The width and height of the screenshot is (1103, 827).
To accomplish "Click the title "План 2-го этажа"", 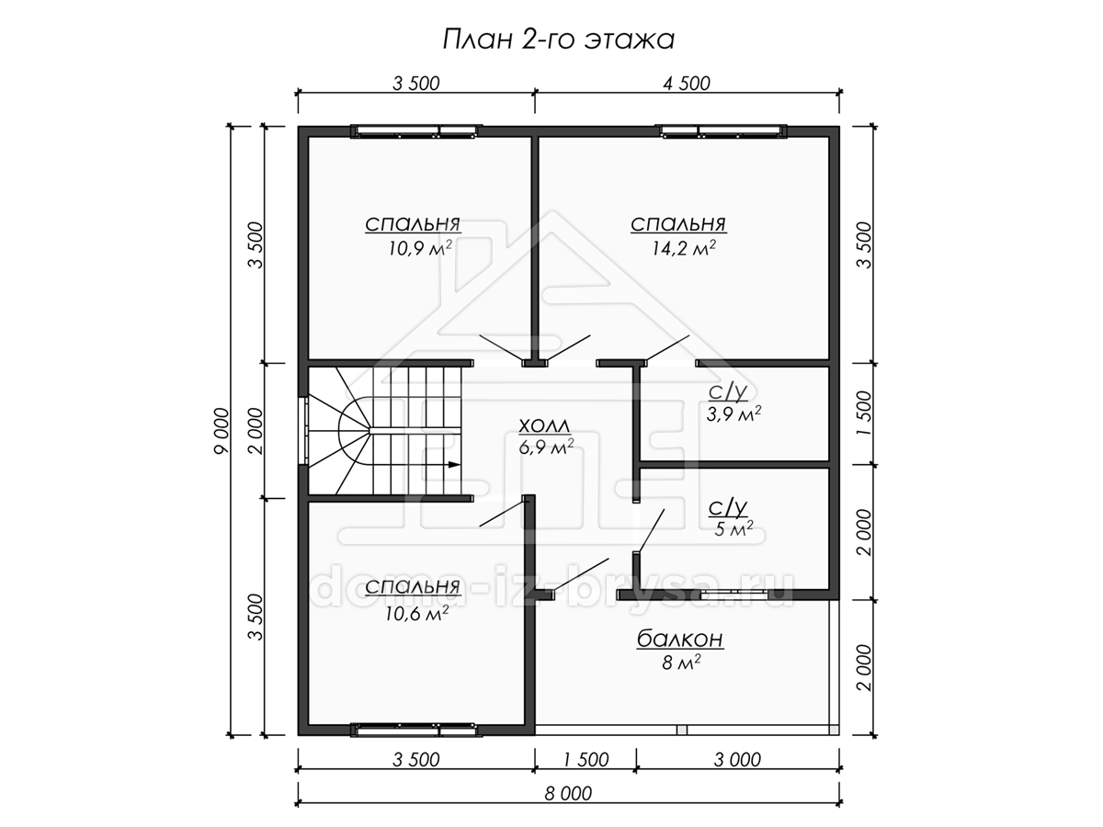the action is (558, 40).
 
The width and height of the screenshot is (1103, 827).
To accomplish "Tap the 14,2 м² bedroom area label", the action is (684, 248).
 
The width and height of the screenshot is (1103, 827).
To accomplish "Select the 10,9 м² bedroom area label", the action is (419, 248).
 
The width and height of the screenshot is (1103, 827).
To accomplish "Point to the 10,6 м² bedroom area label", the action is (416, 614).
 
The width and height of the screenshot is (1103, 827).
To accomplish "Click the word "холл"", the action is (545, 426).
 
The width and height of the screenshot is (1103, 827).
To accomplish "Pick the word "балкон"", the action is (680, 640).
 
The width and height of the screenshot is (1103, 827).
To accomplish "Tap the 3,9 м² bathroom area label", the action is (733, 414).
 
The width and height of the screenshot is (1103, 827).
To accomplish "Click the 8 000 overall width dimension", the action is (568, 793).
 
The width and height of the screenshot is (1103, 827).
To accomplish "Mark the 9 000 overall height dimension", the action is (222, 430).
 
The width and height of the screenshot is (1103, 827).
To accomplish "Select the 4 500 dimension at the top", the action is (687, 84).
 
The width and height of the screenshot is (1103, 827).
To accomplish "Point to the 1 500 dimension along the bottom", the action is (586, 760).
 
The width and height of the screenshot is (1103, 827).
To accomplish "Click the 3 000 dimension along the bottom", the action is (737, 760).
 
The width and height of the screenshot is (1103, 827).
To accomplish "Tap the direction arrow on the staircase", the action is (454, 464).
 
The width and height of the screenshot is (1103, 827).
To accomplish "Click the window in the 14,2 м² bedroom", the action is (723, 131).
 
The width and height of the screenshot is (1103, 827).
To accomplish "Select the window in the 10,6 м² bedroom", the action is (413, 730).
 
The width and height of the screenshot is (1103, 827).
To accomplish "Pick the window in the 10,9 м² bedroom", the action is (413, 131).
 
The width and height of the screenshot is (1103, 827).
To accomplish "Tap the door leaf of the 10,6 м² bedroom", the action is (503, 512).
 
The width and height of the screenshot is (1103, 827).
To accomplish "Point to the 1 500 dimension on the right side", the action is (865, 413).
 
